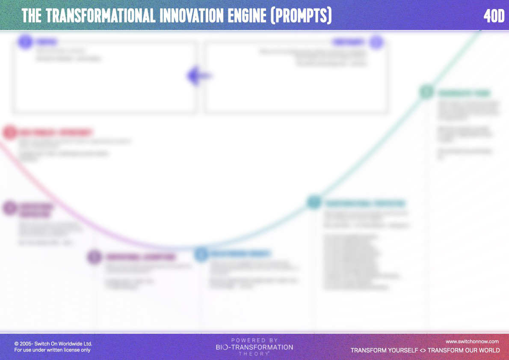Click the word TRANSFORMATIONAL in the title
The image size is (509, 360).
[101, 16]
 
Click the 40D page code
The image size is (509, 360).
[494, 16]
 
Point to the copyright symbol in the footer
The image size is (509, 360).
[16, 344]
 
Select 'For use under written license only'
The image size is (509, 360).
[52, 350]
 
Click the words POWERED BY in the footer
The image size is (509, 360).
[254, 340]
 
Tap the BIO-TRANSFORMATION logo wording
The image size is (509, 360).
[254, 347]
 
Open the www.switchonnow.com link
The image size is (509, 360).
[472, 342]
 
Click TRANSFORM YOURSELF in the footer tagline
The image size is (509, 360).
[383, 350]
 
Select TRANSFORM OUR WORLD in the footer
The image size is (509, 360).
[464, 350]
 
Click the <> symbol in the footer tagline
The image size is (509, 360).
[423, 350]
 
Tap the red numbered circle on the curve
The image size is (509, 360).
[9, 132]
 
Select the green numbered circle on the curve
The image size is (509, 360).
[426, 92]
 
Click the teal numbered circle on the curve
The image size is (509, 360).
[314, 202]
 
